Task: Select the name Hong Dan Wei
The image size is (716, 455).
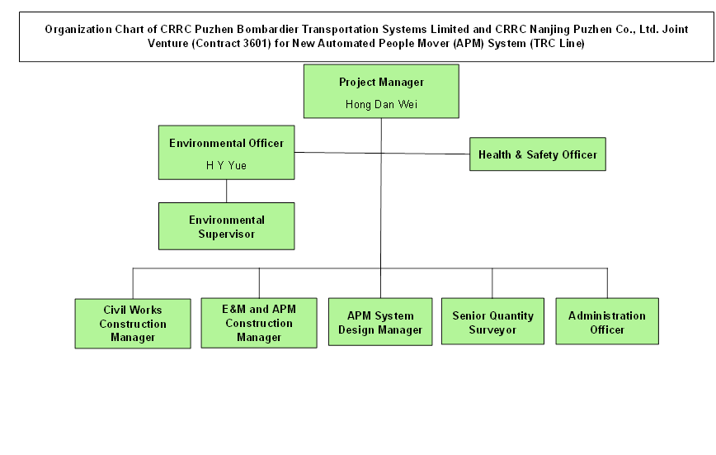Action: [x=381, y=105]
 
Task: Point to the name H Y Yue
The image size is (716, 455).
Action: [x=226, y=165]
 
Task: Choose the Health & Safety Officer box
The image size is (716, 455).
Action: [x=537, y=154]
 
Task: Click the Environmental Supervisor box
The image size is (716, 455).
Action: [x=226, y=226]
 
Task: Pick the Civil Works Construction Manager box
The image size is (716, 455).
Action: [x=133, y=323]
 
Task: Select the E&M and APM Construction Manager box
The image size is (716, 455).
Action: [x=258, y=323]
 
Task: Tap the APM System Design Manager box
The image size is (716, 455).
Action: [x=380, y=322]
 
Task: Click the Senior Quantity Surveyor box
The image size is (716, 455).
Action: [x=492, y=322]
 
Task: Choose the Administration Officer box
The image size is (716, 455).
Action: [x=607, y=322]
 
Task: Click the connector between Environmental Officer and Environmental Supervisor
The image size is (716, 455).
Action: [x=227, y=191]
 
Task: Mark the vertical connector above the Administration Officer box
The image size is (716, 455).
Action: [x=607, y=282]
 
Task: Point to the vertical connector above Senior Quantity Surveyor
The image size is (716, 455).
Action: [x=492, y=282]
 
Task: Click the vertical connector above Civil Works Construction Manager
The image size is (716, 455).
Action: [x=133, y=282]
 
